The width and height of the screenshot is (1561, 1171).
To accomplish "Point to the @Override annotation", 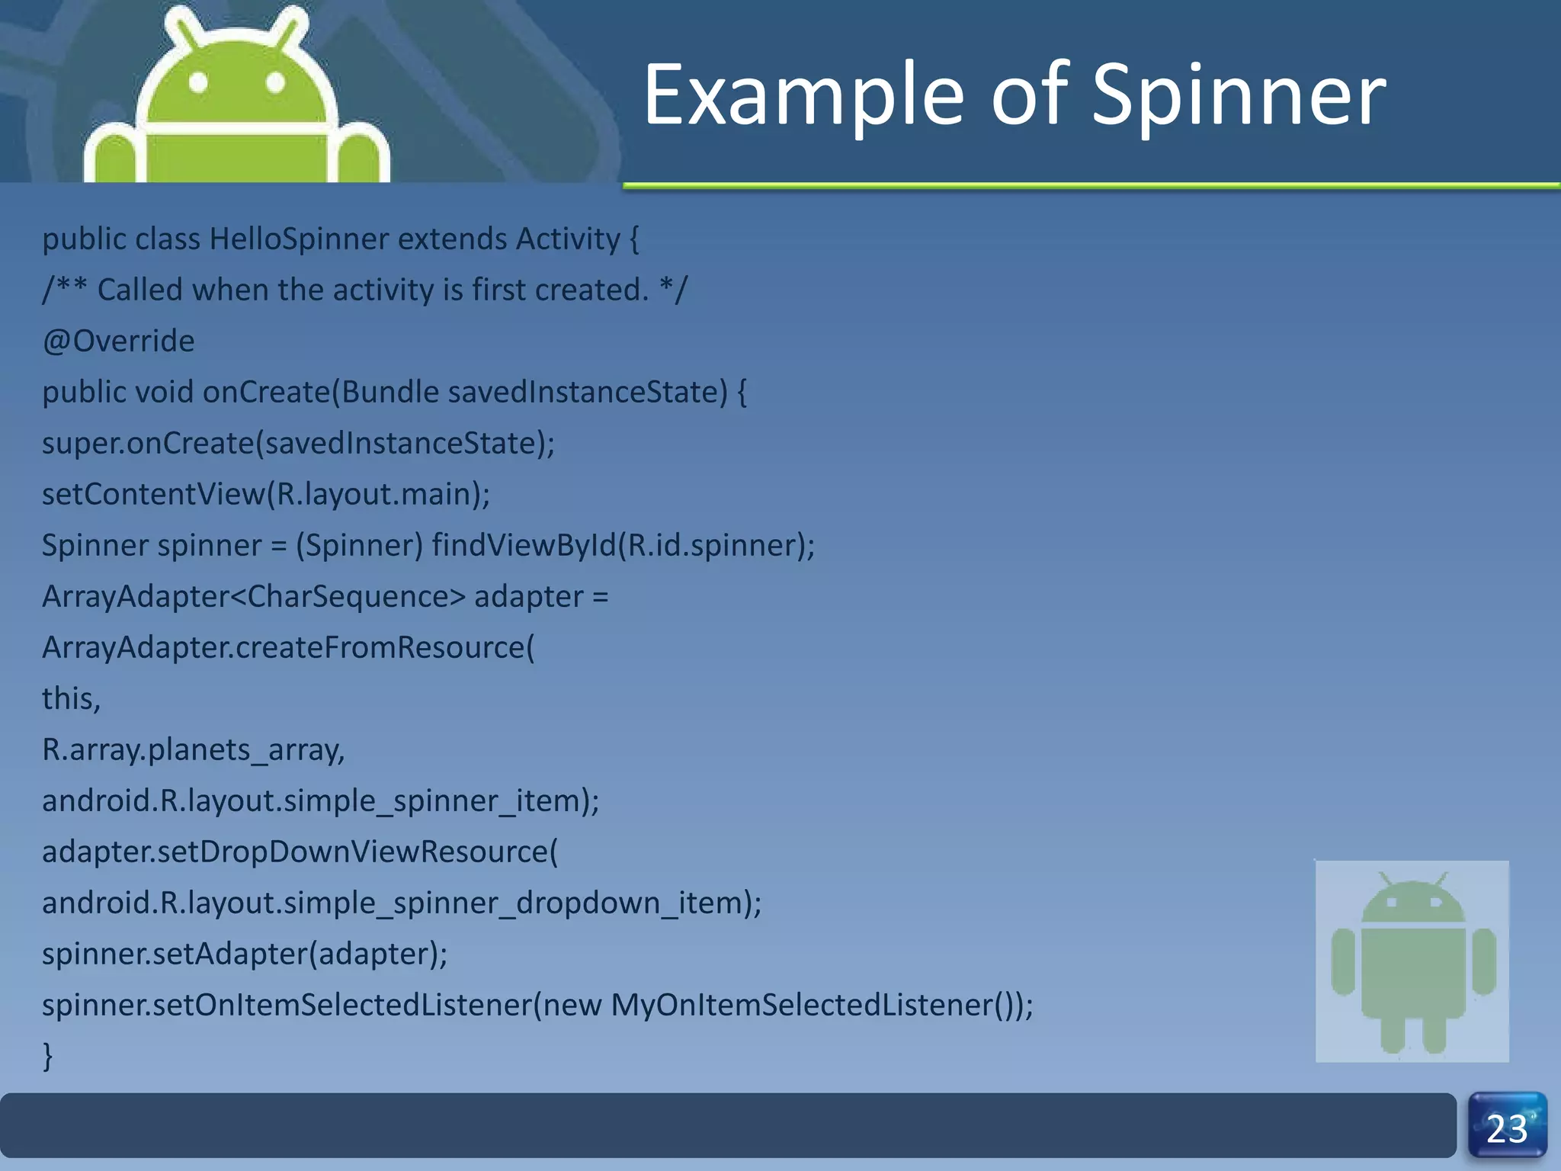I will coord(118,341).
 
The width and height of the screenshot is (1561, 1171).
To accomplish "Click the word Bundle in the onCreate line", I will coord(389,393).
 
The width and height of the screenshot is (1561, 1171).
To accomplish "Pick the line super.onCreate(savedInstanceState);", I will coord(298,444).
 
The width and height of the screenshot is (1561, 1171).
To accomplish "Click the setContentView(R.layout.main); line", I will coord(266,495).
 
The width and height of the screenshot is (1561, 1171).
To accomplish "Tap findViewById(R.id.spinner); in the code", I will coord(623,546).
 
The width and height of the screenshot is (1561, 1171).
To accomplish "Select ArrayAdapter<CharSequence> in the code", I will coord(253,597).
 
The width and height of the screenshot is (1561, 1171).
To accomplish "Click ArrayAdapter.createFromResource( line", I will coord(288,648).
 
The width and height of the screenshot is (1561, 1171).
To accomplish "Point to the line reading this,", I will coord(71,699).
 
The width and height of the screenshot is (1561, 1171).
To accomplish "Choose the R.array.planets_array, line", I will coord(194,750).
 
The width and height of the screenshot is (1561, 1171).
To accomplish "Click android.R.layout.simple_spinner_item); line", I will coord(320,801).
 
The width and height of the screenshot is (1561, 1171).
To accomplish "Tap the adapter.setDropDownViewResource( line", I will coord(300,852).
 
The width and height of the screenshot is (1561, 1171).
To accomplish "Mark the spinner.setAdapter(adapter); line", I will coord(245,954).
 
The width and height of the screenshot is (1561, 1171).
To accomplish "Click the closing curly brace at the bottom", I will coord(48,1057).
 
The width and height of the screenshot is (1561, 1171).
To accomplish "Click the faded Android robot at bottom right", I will coord(1412,961).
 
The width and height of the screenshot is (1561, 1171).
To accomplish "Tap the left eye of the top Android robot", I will coord(198,82).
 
